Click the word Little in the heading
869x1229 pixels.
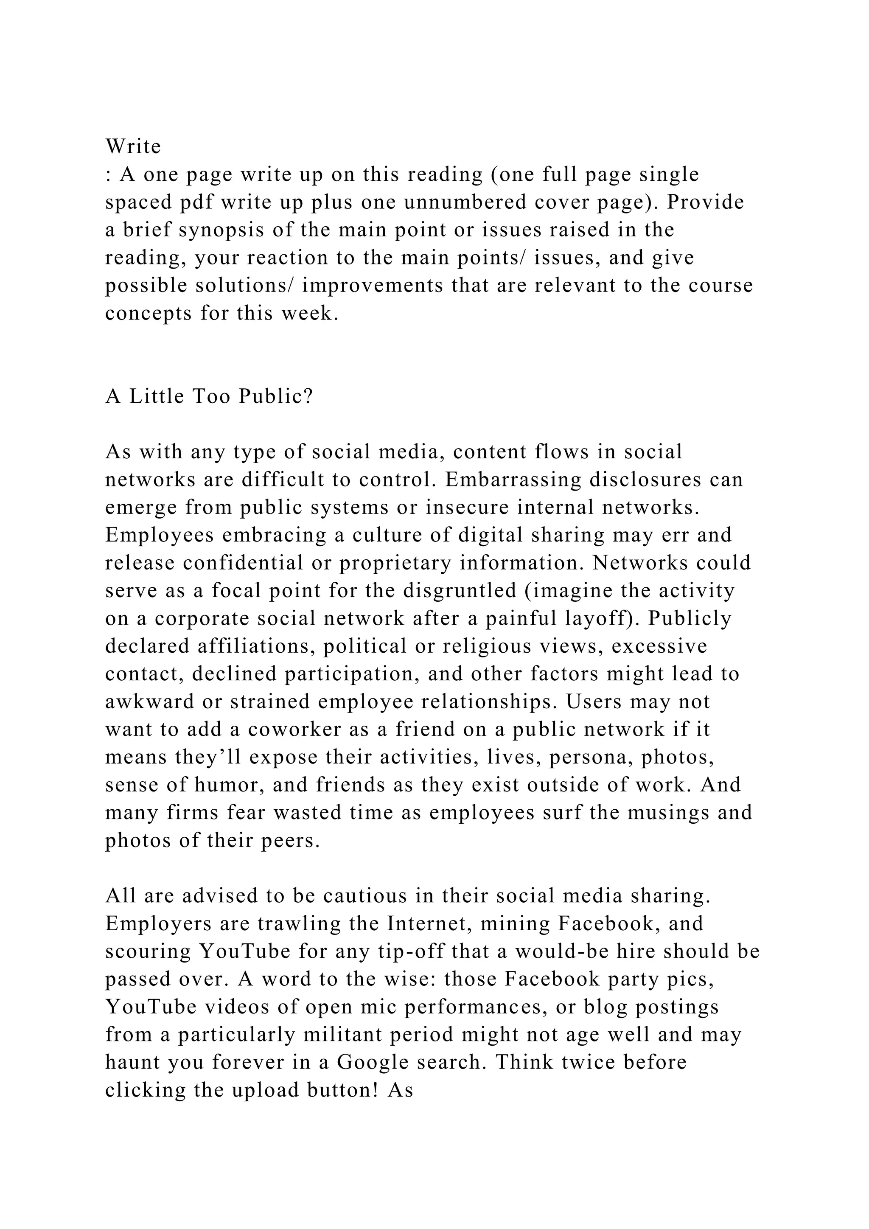(156, 397)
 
